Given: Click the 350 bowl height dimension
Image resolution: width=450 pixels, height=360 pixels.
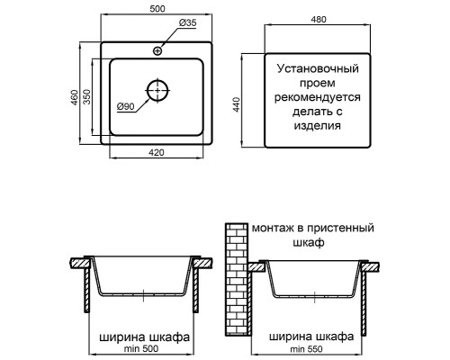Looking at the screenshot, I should point(88,97).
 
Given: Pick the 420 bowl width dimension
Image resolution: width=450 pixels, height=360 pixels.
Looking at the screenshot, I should point(156,153).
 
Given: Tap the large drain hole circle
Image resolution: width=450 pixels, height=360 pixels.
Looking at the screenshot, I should point(157,91).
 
